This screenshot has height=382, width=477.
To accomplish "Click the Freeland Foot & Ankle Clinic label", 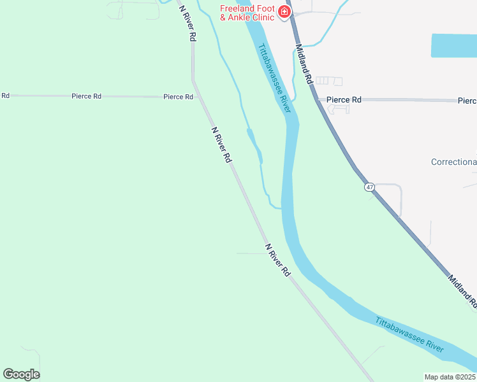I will pyautogui.click(x=247, y=13).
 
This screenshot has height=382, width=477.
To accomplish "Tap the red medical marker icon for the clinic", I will pyautogui.click(x=284, y=11).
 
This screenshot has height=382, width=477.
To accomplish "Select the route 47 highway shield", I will pyautogui.click(x=370, y=187).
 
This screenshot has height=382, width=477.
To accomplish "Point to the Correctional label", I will pyautogui.click(x=453, y=162).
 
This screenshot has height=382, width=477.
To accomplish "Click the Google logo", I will pyautogui.click(x=21, y=374).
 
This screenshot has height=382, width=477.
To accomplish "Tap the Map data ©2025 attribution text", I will pyautogui.click(x=449, y=377).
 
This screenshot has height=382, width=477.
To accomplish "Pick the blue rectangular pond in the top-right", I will pyautogui.click(x=453, y=46).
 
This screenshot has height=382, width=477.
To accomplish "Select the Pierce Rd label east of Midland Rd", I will pyautogui.click(x=344, y=100).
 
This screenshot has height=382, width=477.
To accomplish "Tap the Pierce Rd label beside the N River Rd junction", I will pyautogui.click(x=178, y=97).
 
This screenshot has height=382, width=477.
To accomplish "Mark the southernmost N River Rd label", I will pyautogui.click(x=277, y=259).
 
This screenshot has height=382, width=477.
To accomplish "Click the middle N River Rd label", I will pyautogui.click(x=221, y=145).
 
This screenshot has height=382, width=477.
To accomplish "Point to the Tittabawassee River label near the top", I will pyautogui.click(x=274, y=78).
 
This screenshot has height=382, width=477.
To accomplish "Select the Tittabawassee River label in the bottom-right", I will pyautogui.click(x=409, y=335).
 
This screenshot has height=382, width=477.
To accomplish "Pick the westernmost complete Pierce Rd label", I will pyautogui.click(x=86, y=96).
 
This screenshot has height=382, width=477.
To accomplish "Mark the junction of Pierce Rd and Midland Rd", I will pyautogui.click(x=317, y=99).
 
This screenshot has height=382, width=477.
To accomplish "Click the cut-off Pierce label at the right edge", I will pyautogui.click(x=467, y=101).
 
